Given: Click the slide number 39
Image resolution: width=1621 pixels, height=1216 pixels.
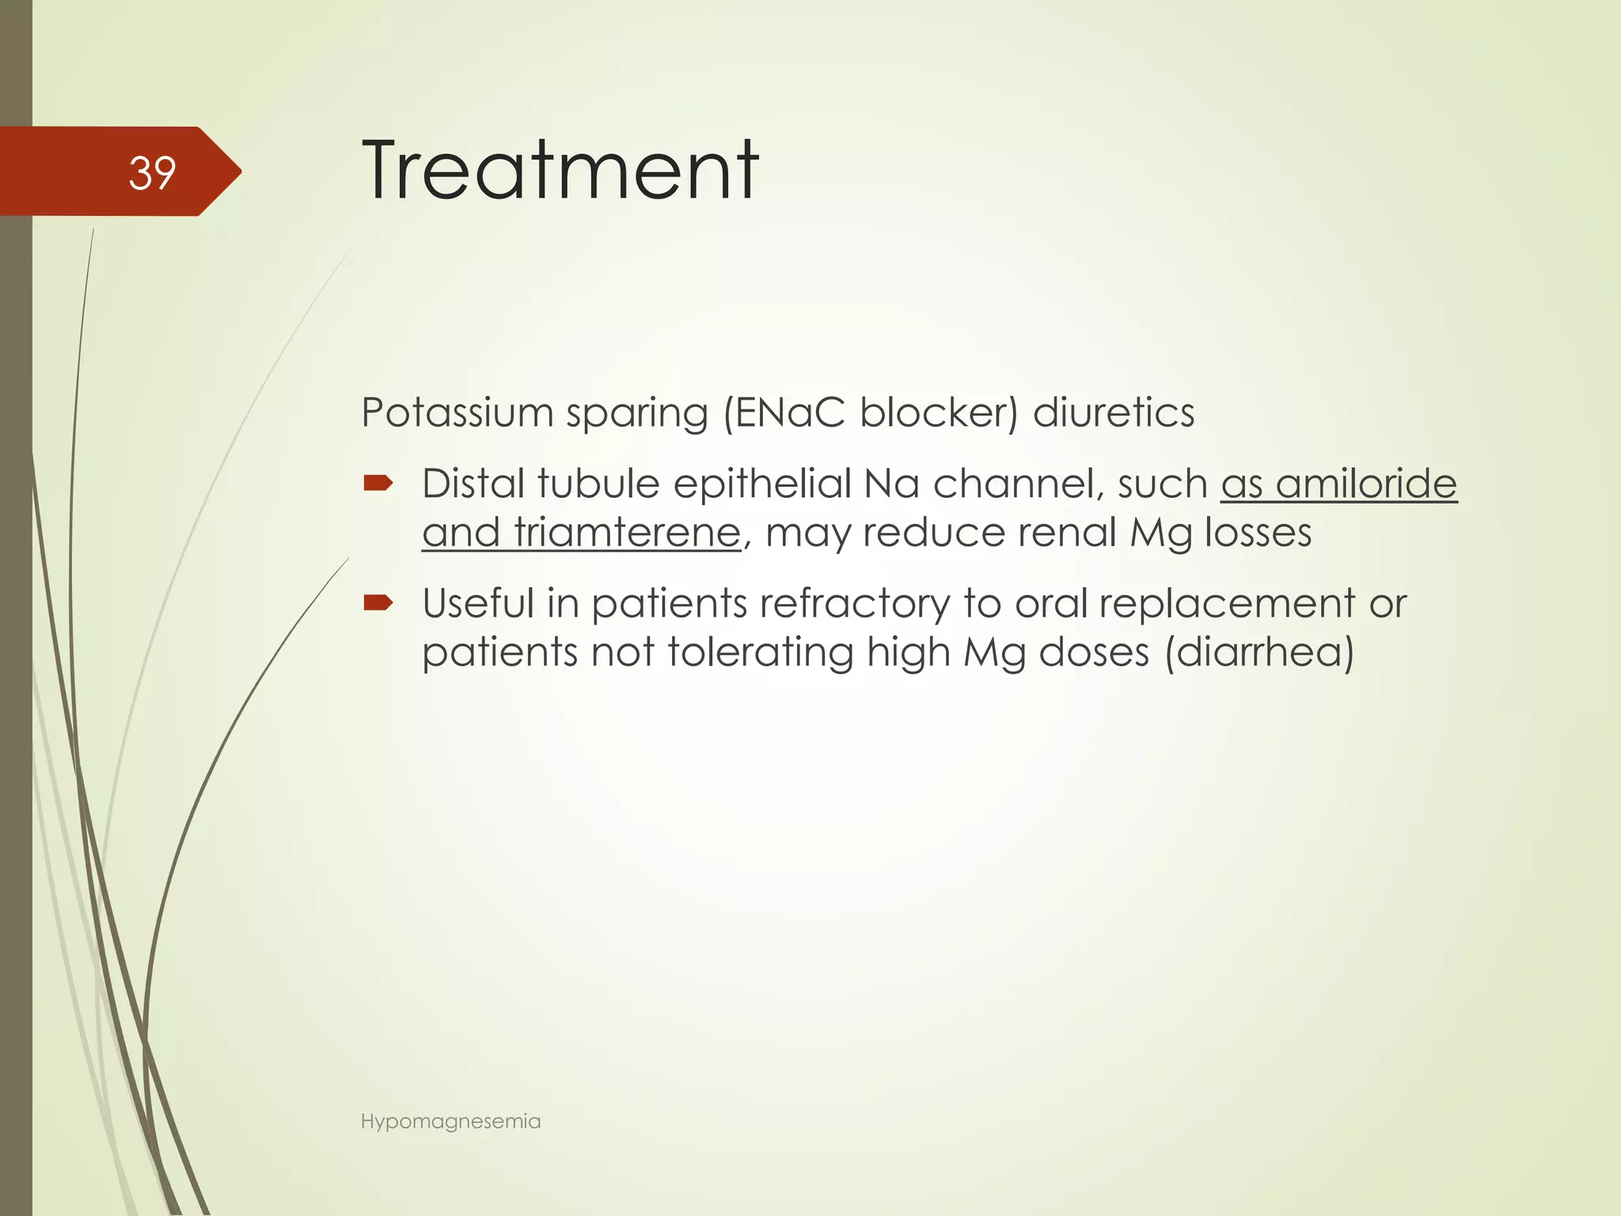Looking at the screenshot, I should click(x=152, y=173).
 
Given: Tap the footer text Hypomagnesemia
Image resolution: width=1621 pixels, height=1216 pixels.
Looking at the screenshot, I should click(x=450, y=1121).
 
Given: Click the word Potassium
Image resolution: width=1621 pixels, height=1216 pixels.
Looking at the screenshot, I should click(x=457, y=412).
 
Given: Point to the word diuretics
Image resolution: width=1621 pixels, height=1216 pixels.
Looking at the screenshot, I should click(x=1114, y=412).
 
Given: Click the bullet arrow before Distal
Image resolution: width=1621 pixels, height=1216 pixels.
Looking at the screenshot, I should click(x=378, y=483).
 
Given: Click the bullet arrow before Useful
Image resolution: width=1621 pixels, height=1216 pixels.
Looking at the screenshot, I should click(x=378, y=604).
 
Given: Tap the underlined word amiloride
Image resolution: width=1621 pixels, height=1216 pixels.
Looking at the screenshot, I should click(x=1366, y=484).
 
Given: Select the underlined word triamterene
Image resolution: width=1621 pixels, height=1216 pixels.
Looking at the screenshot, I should click(x=626, y=532).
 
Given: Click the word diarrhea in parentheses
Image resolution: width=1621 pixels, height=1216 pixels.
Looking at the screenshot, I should click(x=1258, y=653).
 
